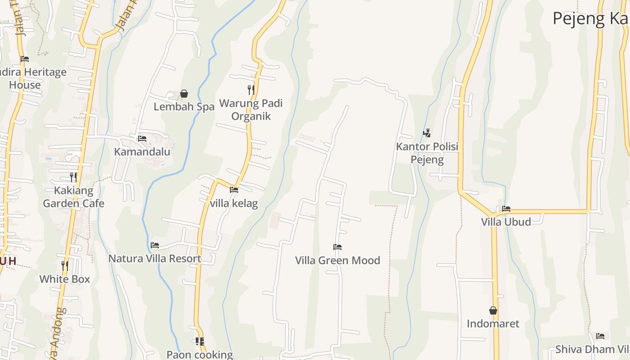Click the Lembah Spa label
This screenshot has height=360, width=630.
tap(184, 107)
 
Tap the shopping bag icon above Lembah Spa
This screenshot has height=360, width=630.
tap(184, 94)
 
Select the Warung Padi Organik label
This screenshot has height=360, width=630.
tap(251, 110)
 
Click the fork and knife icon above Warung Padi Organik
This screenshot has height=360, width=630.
tap(251, 90)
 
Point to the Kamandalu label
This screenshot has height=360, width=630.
tap(142, 152)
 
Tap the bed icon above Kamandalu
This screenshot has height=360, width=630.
tap(142, 138)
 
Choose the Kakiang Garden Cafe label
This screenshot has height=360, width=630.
tap(73, 197)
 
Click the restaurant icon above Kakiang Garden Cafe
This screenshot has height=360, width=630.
tap(73, 177)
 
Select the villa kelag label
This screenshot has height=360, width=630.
tap(234, 203)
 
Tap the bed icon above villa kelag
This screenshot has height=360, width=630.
tap(234, 190)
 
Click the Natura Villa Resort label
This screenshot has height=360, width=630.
tap(155, 259)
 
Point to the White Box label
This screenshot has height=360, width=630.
tap(65, 279)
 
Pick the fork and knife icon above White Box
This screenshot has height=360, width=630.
tap(65, 265)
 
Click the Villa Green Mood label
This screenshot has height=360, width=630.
tap(337, 260)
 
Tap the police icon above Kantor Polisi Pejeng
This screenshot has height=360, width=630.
tap(427, 133)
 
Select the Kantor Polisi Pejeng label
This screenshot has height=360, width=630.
tap(427, 153)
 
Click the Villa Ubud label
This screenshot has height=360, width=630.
tap(506, 222)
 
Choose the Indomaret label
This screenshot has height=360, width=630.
tap(493, 324)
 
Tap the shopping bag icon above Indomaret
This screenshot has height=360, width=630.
tap(493, 310)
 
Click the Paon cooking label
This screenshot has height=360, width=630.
tap(200, 354)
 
